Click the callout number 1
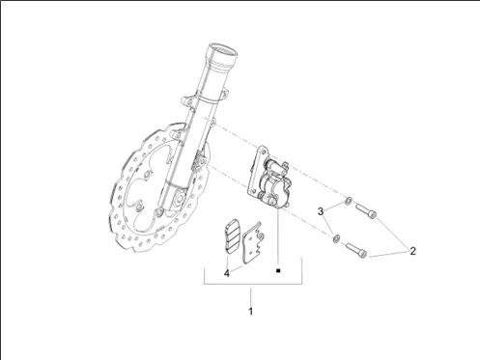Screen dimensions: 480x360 click(250, 312)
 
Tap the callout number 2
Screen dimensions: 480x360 click(412, 251)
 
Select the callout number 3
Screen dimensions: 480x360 click(321, 211)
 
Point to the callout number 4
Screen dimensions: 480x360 click(227, 273)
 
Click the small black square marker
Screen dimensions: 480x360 click(278, 271)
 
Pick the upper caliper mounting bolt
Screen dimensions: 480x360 click(366, 210)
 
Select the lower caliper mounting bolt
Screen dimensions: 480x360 click(356, 250)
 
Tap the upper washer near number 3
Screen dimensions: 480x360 click(348, 201)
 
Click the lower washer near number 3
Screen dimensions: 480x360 click(336, 238)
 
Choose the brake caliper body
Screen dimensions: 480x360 click(273, 183)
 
